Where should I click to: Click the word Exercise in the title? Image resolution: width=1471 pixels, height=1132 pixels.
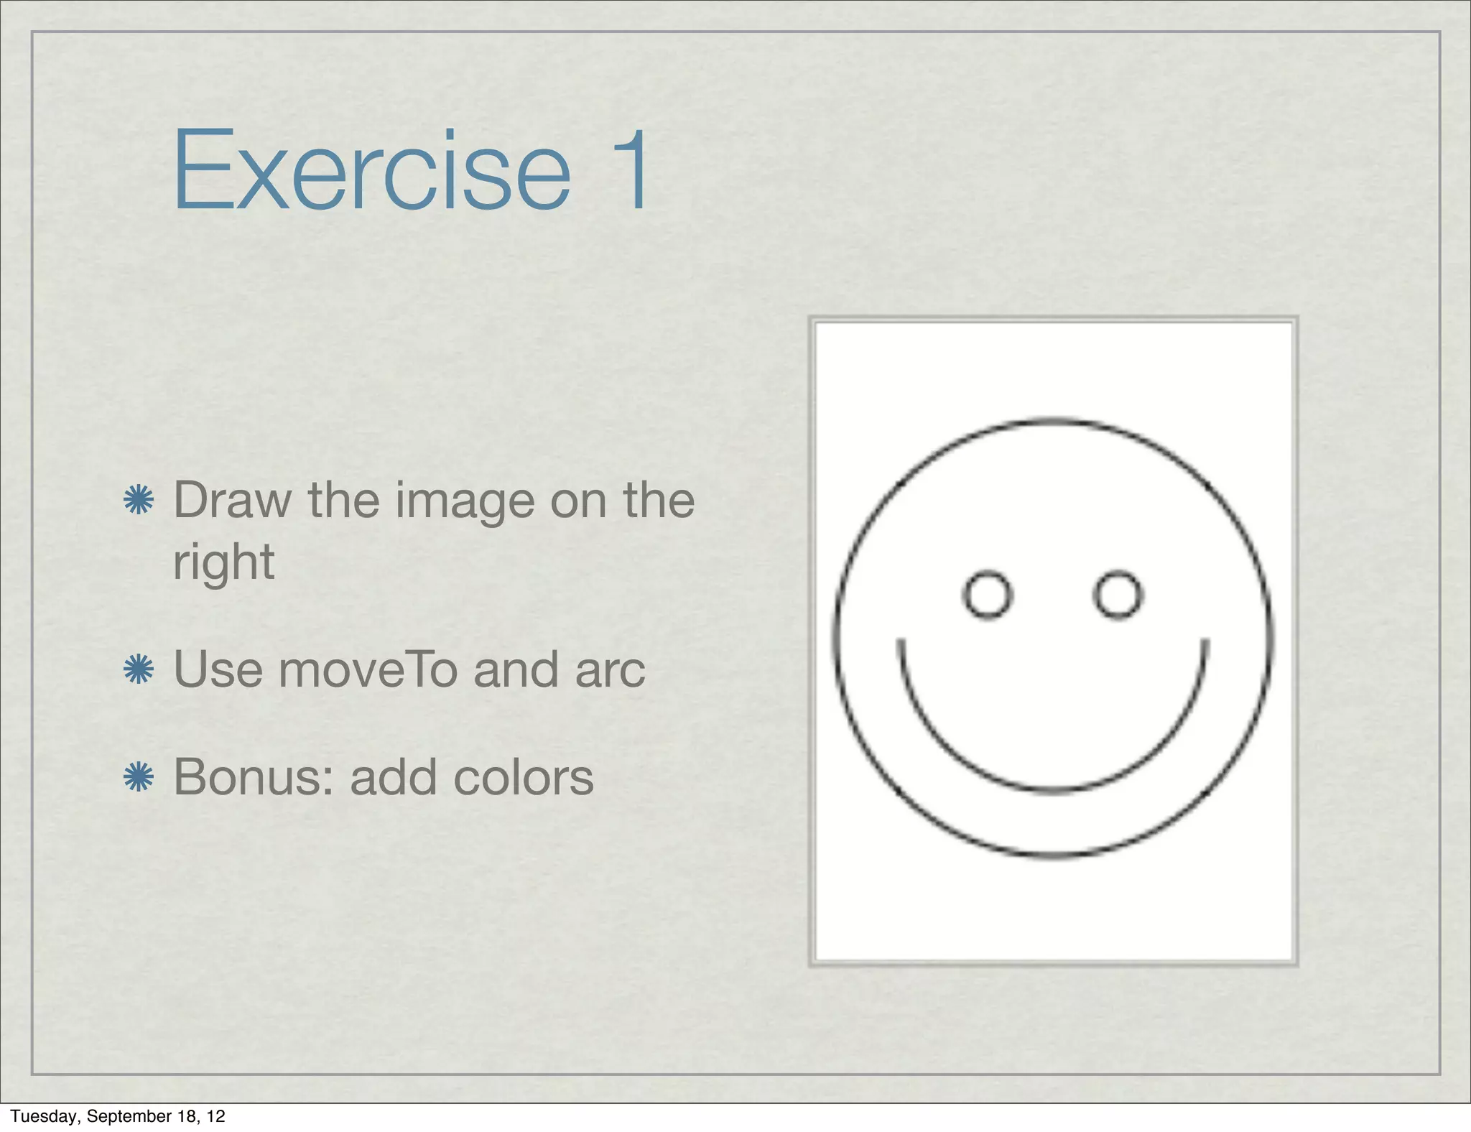(x=371, y=170)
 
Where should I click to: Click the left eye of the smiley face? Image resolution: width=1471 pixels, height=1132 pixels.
(x=988, y=595)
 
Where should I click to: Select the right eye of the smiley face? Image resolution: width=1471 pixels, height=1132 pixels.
(x=1118, y=595)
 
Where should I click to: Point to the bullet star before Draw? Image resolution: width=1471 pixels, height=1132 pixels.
(x=139, y=500)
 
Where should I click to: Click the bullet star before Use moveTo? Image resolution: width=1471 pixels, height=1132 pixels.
(x=139, y=669)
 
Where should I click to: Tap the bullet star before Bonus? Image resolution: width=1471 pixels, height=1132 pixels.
(x=139, y=777)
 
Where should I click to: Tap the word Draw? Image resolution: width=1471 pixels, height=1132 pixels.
(x=232, y=500)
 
